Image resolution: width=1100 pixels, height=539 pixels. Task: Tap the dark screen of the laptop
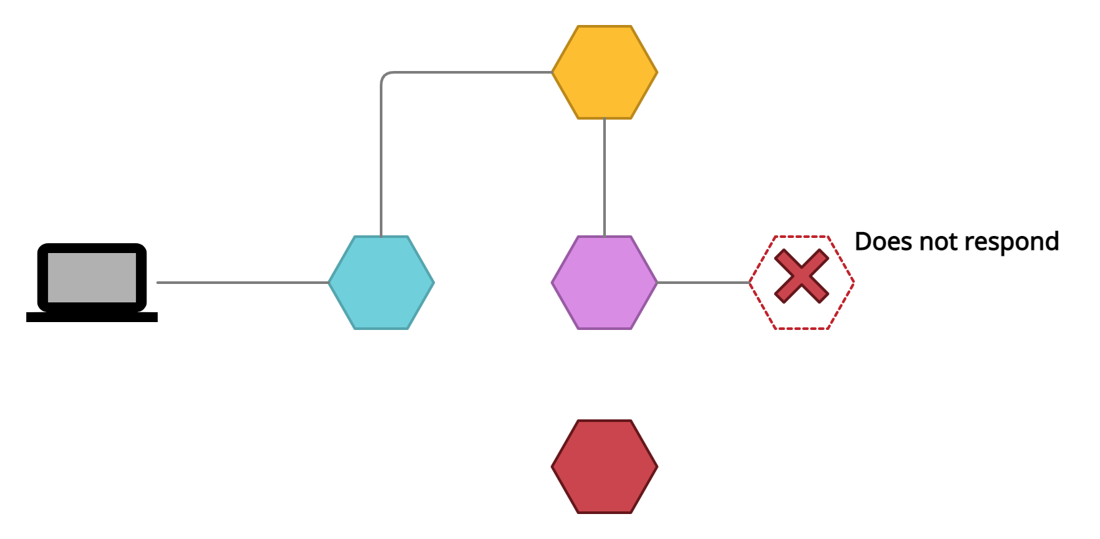click(x=92, y=277)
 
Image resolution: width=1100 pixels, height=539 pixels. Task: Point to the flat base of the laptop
click(x=92, y=317)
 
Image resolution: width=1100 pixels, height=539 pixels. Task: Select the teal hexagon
click(x=381, y=283)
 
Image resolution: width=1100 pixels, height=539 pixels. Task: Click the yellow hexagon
click(x=605, y=72)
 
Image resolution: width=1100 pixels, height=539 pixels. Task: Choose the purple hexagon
click(x=605, y=283)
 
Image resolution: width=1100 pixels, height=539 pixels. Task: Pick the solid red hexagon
click(x=605, y=467)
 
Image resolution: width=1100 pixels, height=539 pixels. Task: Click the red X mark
click(x=801, y=276)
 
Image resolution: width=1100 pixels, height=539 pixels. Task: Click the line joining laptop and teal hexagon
click(x=243, y=283)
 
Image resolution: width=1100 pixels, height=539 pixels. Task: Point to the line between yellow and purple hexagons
click(x=605, y=177)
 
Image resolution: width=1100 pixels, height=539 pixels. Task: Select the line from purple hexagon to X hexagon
click(x=703, y=283)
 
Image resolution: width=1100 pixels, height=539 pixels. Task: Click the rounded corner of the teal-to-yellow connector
click(x=384, y=75)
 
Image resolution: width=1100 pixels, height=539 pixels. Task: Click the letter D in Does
click(x=862, y=241)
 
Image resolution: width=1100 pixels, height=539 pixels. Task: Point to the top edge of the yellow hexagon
click(x=605, y=26)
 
